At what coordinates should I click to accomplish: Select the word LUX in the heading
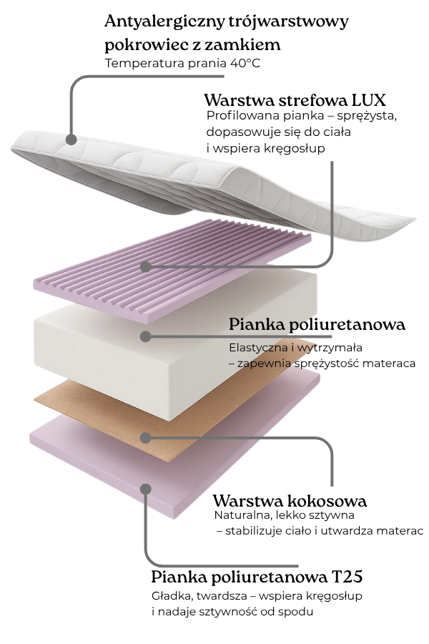pyautogui.click(x=370, y=99)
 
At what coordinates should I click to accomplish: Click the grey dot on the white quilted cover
pyautogui.click(x=70, y=139)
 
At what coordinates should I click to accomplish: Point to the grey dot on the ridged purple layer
pyautogui.click(x=145, y=267)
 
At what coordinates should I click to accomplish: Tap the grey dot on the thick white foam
pyautogui.click(x=145, y=336)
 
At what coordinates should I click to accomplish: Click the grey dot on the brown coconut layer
pyautogui.click(x=145, y=437)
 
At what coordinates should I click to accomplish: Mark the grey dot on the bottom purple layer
pyautogui.click(x=145, y=489)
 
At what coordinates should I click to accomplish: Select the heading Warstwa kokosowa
pyautogui.click(x=290, y=500)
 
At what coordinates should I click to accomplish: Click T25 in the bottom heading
pyautogui.click(x=346, y=577)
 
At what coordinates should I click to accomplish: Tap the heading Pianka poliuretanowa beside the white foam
pyautogui.click(x=317, y=324)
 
